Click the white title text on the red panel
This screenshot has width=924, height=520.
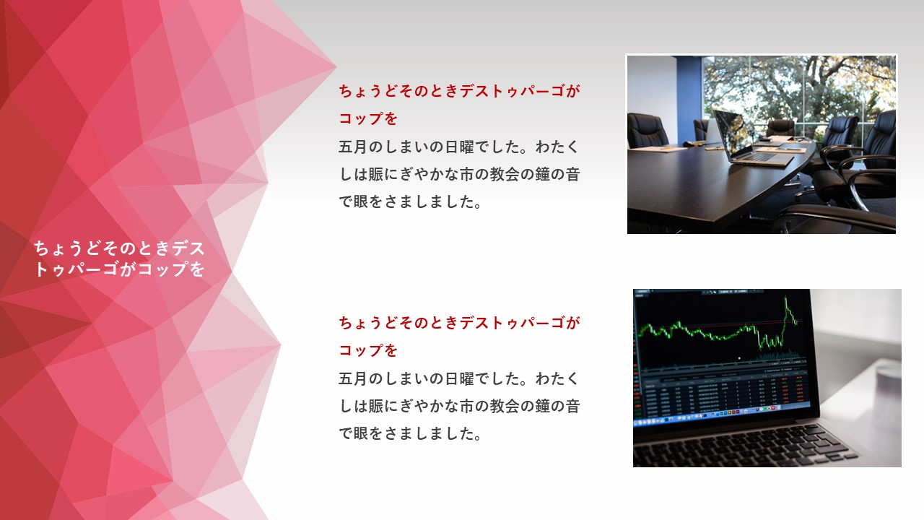[119, 259]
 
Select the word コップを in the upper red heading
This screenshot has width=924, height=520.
[368, 119]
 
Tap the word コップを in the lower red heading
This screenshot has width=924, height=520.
[368, 351]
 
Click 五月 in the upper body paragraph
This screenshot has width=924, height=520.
[353, 147]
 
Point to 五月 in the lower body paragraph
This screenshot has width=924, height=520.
[353, 379]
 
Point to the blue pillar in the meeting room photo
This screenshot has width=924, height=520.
[689, 99]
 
